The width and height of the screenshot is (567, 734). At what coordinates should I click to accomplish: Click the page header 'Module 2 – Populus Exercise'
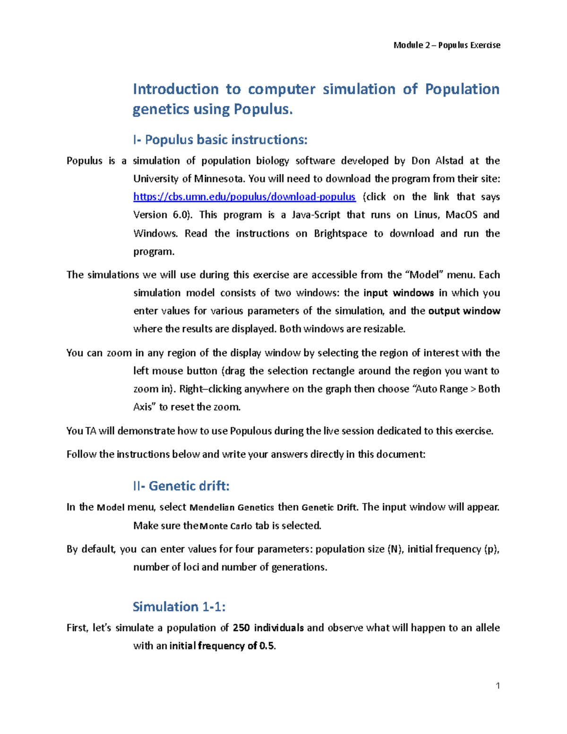[447, 45]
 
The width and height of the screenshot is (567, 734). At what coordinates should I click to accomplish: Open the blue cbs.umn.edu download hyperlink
[244, 197]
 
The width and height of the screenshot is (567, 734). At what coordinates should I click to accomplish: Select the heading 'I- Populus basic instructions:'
[220, 140]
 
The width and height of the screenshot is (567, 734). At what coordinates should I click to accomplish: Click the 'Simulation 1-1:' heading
[179, 606]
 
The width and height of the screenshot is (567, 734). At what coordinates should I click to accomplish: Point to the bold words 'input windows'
[398, 293]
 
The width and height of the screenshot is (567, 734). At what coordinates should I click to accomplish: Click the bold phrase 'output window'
[464, 311]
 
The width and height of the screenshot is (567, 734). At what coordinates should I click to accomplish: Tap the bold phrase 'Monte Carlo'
[226, 526]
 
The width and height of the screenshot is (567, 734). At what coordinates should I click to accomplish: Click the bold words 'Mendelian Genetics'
[232, 508]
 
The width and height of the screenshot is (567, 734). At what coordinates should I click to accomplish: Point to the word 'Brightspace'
[340, 233]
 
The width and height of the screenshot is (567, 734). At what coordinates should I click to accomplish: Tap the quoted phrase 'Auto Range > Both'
[457, 389]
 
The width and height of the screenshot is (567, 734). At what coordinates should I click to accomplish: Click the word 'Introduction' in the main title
[175, 89]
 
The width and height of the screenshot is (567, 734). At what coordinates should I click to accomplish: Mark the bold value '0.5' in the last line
[267, 646]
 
